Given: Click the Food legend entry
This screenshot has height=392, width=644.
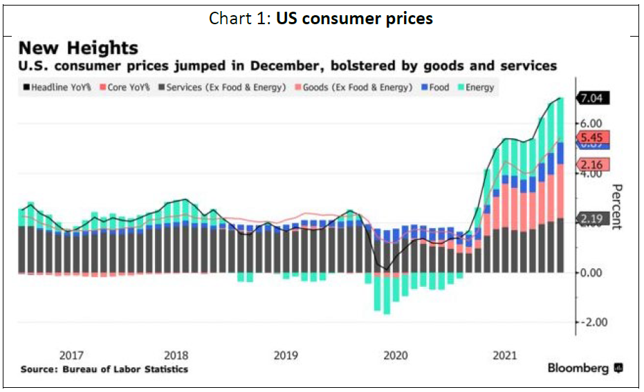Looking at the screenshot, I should (x=434, y=88).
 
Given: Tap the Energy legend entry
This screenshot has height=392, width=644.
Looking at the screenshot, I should (x=475, y=88).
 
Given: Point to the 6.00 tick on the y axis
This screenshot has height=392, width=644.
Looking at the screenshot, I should (x=591, y=124).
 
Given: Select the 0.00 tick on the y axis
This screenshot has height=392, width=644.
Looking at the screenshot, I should (x=591, y=272).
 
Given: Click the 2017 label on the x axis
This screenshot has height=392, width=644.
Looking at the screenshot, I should (x=71, y=355).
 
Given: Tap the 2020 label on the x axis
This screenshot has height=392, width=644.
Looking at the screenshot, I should (x=396, y=355).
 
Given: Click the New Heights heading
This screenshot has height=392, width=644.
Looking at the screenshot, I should (x=78, y=48).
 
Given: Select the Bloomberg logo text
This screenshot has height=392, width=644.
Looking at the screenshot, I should (x=580, y=368).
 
